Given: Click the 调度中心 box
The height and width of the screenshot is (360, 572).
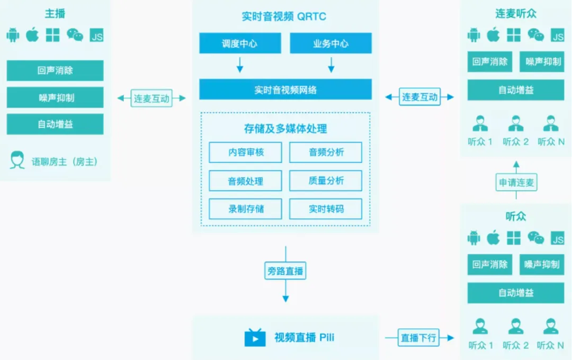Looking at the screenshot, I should pos(239,43).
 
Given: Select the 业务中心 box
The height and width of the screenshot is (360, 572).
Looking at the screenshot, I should pos(330,43).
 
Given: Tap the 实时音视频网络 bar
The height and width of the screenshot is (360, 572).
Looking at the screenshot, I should pos(285,89).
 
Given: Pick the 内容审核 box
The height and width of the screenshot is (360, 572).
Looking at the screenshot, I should pos(246,152).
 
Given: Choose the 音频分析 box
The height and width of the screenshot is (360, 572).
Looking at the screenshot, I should pos(326,152).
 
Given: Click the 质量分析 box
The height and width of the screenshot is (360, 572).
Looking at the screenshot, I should pos(326,181).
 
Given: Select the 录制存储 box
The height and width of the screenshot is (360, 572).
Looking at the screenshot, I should pos(246,209).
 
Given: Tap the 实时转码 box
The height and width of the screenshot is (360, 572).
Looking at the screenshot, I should pos(326,209).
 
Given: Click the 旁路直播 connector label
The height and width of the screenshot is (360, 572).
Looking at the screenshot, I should pos(285,271).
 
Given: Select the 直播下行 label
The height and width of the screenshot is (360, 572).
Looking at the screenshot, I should pos(418,337).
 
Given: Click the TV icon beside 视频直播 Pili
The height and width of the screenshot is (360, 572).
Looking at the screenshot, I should pos(255,337).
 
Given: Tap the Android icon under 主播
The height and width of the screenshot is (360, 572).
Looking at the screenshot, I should pos(13,35).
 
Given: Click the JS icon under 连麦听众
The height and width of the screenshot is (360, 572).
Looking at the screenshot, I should pos(558,35).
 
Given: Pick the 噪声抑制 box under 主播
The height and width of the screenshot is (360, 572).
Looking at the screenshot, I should pos(55,97).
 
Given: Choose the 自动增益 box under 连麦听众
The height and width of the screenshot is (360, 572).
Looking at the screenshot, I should pos(515,90).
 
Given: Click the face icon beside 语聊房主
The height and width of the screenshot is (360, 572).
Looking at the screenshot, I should pos(17,160).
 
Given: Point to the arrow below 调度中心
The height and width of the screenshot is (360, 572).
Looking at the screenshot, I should pos(239,65).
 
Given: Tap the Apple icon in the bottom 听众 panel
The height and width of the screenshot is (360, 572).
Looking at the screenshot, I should pos(493,238).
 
